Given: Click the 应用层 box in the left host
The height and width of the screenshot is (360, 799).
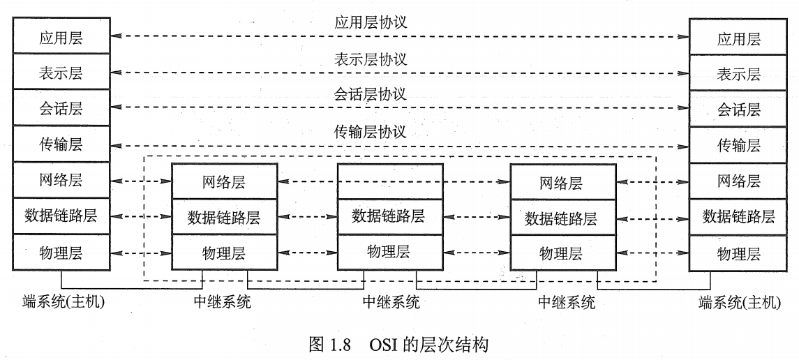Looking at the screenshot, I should coord(61,38).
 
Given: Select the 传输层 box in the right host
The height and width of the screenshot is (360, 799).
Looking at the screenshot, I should coord(739,145).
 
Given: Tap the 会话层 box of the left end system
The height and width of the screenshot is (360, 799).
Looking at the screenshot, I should coord(61,108).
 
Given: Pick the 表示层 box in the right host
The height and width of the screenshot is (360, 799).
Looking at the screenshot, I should coord(739,74).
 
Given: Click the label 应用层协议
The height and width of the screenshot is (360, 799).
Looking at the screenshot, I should coord(371,22).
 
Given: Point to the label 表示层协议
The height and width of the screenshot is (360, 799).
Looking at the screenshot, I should coord(371,59).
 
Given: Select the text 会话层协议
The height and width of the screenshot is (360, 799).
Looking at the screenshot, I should coord(371,94).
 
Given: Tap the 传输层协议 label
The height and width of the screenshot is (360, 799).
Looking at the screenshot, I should coord(371,132).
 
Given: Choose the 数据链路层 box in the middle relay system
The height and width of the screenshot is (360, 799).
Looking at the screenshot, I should coord(389,216).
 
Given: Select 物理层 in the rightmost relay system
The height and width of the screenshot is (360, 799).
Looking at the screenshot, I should coord(563,252).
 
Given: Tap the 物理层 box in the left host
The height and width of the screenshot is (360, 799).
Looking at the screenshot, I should coord(61,251).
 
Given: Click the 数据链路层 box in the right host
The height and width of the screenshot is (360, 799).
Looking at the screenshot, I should coord(739,216).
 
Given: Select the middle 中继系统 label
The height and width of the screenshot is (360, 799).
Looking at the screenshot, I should coord(391,303).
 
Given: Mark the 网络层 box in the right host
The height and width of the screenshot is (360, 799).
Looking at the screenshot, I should coord(739,181).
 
